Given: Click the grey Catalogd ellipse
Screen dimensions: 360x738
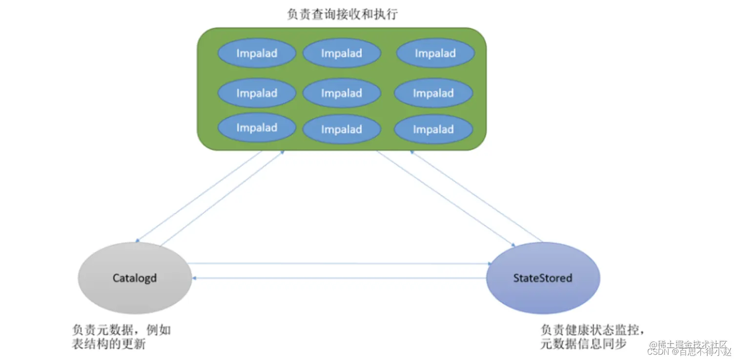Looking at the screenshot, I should click(135, 278).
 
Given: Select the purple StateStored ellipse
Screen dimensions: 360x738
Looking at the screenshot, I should click(543, 278).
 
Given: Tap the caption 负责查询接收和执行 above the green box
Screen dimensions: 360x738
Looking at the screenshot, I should click(342, 14).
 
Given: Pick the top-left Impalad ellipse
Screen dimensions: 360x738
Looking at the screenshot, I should click(256, 53).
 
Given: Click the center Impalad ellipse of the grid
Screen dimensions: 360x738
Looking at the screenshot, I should click(341, 93).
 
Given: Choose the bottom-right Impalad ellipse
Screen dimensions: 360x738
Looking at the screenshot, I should click(433, 130).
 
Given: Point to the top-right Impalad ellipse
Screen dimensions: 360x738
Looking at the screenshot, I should click(435, 53).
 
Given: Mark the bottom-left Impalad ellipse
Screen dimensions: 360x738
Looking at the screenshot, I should click(256, 128).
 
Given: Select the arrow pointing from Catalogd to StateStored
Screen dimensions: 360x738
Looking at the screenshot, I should click(342, 264).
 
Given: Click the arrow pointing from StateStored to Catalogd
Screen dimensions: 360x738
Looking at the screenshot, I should click(342, 278).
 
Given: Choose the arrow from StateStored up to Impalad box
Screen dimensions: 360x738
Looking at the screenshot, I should click(476, 195).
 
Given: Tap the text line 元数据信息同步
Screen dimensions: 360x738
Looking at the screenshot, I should click(583, 344).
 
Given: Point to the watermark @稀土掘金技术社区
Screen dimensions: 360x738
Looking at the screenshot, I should click(688, 344).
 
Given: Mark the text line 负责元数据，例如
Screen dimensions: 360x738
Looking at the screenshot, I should click(121, 330).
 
